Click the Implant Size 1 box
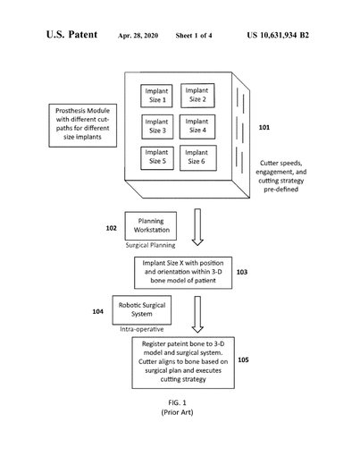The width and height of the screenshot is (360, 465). pos(156,96)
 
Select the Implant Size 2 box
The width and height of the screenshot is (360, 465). pos(197,96)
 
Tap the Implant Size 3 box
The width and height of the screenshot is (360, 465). pos(157,127)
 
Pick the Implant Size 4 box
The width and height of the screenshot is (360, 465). pos(197,127)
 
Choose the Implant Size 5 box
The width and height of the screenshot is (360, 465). pos(157,158)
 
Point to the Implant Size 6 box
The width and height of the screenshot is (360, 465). pos(198,158)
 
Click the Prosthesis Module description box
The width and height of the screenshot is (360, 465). pos(83,125)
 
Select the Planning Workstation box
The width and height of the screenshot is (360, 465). pos(151,226)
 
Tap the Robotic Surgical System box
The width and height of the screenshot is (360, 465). pos(142,310)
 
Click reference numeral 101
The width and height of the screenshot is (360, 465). pos(264,127)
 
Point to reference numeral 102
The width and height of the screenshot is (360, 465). pos(111,228)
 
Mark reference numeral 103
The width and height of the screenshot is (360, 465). pos(242,272)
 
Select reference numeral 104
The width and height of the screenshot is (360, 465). pos(97,311)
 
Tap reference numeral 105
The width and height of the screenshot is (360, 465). pos(243,359)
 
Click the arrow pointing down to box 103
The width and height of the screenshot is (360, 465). pos(197,227)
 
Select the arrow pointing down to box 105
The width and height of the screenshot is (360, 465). pos(197,314)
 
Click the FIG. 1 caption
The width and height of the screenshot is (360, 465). pos(177,402)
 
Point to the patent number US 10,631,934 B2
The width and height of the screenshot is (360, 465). pos(278,35)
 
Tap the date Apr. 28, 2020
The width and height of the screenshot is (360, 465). pos(138,36)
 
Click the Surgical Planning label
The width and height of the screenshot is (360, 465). pos(150,245)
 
